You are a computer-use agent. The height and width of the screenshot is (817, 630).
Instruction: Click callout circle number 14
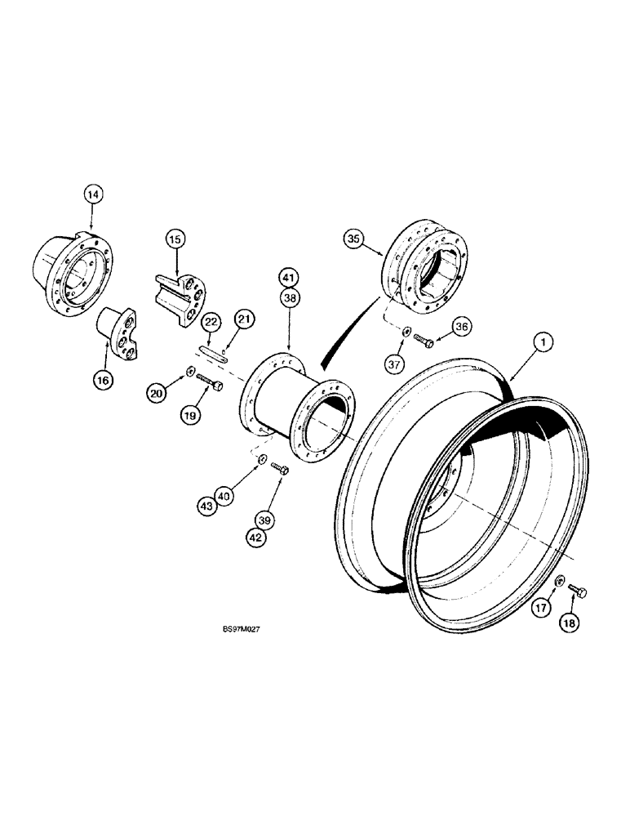click(x=94, y=194)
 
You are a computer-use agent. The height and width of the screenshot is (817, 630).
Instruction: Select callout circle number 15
click(x=175, y=240)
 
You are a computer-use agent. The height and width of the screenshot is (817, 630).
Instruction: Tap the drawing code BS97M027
click(x=222, y=629)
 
